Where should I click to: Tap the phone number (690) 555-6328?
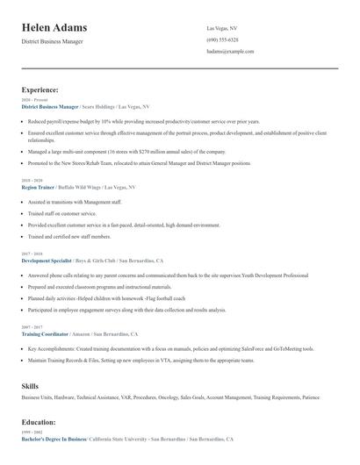point(222,39)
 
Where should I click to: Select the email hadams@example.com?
point(230,52)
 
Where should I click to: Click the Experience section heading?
point(40,89)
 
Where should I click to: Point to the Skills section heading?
point(30,386)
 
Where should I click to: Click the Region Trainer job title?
point(38,188)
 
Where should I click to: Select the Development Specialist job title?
point(47,261)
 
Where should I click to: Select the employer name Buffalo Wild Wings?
point(79,188)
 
